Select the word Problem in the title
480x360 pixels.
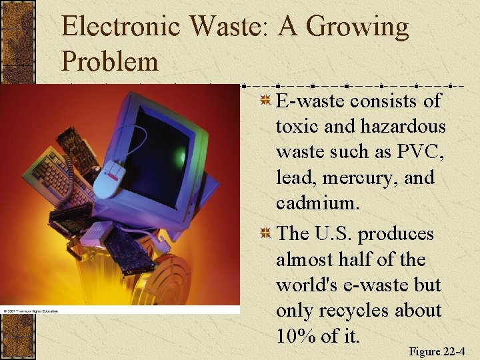pos(110,61)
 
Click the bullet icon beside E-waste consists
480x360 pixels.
pos(265,101)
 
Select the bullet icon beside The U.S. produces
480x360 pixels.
pos(265,234)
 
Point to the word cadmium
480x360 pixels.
pos(317,203)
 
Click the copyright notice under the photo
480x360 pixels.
pos(30,311)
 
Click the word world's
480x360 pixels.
pos(307,285)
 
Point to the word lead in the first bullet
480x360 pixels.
pos(297,178)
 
